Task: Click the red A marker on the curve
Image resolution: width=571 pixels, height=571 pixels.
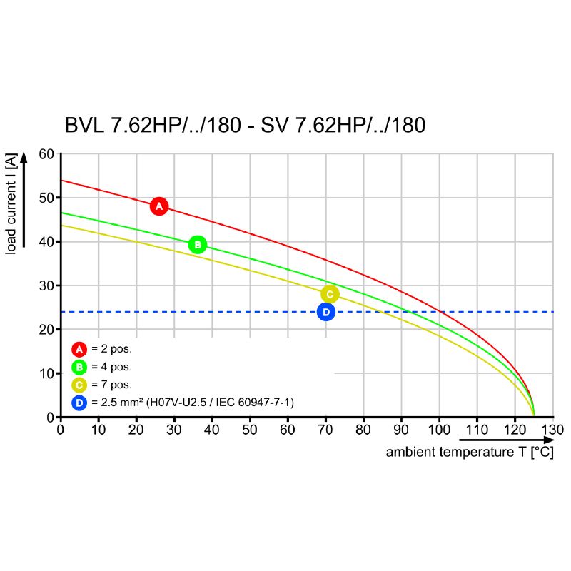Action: click(x=159, y=206)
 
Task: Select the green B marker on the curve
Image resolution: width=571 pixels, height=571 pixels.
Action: click(x=198, y=245)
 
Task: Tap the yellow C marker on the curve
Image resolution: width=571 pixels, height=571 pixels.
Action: click(x=329, y=294)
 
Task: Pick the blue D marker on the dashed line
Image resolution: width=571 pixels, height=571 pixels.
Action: click(x=326, y=312)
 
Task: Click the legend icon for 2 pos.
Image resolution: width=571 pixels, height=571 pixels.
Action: click(x=79, y=349)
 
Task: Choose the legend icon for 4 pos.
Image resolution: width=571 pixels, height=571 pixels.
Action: click(x=79, y=367)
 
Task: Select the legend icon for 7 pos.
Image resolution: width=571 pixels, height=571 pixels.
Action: click(x=79, y=385)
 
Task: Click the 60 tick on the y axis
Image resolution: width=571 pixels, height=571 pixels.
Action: click(x=46, y=154)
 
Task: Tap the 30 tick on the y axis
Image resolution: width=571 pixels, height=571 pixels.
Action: click(x=46, y=285)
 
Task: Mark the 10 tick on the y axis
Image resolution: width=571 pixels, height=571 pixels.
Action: click(x=46, y=373)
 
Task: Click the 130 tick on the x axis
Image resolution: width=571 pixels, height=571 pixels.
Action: click(x=553, y=430)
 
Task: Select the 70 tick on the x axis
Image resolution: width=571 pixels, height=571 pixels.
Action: click(x=325, y=430)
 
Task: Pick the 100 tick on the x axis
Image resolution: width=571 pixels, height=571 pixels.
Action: click(x=439, y=430)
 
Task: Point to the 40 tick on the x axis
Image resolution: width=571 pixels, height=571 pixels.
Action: click(x=212, y=430)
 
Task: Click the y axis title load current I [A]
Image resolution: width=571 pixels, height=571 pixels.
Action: click(x=11, y=203)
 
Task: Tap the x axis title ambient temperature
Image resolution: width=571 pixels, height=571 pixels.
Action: click(x=469, y=453)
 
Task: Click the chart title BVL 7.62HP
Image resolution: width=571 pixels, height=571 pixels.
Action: click(x=245, y=126)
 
